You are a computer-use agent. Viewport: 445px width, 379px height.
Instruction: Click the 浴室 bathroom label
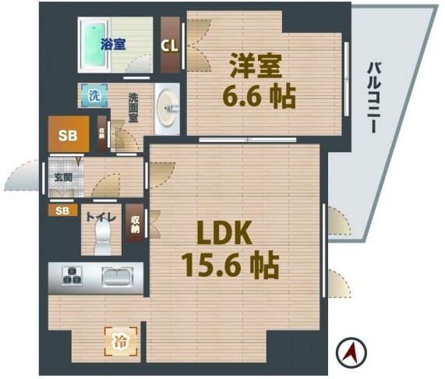coord(113,45)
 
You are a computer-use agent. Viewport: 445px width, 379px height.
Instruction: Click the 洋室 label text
coord(253,66)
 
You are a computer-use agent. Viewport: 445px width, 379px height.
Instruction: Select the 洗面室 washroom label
coord(134,108)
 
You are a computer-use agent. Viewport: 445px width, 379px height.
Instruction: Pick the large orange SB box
coord(68,135)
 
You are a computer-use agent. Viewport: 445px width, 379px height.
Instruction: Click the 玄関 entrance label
coord(62,176)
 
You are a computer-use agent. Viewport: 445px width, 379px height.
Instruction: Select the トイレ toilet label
coord(101,218)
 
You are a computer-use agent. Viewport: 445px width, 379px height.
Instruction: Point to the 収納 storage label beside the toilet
coord(136,225)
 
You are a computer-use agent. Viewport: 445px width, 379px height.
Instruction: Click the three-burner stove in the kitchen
coord(72,276)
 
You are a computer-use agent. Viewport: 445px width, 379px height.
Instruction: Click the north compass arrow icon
coord(351,353)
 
